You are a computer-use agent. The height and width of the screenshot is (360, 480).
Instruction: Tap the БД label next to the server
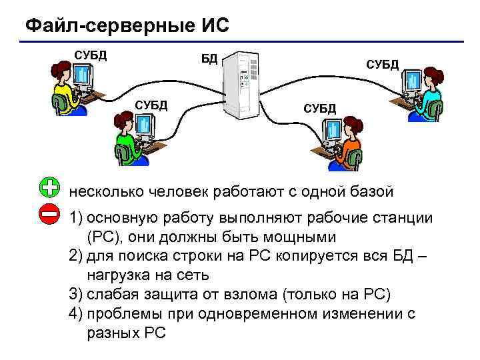[209, 58]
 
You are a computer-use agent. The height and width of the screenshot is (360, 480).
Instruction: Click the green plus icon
[49, 189]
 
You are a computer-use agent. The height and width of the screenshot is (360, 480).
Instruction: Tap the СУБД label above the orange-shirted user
[320, 108]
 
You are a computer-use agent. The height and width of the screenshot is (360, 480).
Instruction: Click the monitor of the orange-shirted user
[330, 133]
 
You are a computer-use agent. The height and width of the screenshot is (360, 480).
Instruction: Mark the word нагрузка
[117, 275]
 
